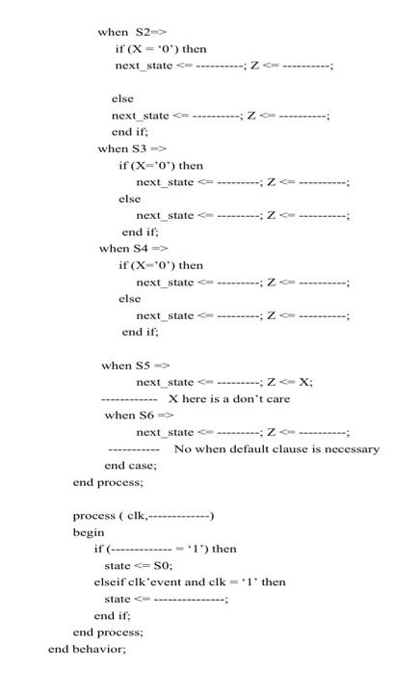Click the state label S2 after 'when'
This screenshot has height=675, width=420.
tap(136, 32)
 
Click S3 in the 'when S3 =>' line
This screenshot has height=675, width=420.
tap(136, 148)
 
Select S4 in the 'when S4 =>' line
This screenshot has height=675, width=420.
tap(137, 248)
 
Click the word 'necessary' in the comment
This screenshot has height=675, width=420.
tap(351, 448)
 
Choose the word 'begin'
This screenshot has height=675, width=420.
tap(89, 531)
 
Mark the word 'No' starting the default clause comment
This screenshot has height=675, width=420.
tap(182, 448)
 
